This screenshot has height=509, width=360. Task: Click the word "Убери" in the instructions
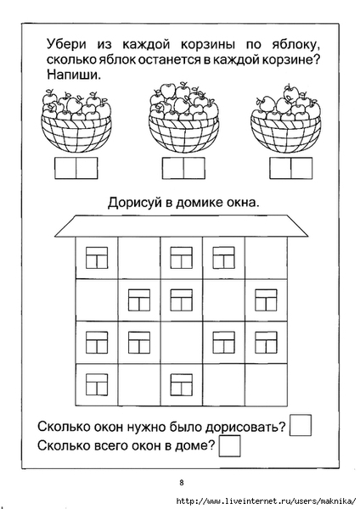coord(66,44)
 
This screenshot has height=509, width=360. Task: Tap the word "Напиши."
coord(74,75)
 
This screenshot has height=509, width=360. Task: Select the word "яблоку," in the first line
coord(294,45)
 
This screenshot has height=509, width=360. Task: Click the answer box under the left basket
coord(76,168)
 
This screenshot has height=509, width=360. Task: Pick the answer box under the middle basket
coord(183,168)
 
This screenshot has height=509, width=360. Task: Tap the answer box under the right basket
coord(290,168)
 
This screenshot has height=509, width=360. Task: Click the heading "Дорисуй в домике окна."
coord(184,203)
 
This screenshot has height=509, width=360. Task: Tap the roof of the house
coord(182,226)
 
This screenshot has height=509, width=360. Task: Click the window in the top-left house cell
coord(97,258)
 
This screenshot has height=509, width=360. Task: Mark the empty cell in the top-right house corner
coord(266,258)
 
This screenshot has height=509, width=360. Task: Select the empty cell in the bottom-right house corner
coord(266,385)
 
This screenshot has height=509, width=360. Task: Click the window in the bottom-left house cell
coord(97,384)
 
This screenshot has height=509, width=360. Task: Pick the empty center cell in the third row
coord(182,343)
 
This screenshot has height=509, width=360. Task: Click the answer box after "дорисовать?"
coord(301,425)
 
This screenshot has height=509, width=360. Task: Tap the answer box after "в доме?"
coord(230,446)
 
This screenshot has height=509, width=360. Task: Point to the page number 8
coord(182,483)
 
